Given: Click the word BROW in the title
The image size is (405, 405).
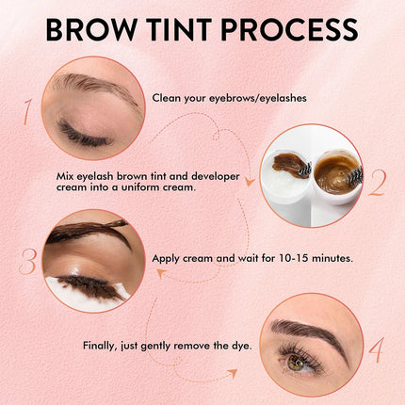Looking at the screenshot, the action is point(90,29).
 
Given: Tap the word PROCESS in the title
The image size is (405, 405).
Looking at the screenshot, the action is point(289,29).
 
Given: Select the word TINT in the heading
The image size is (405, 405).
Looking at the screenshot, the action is point(178,29).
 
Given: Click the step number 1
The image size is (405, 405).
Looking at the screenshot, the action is point(27,112).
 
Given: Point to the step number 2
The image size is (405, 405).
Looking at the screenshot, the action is point(376,183).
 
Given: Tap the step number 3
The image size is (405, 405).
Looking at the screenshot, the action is point(27,262).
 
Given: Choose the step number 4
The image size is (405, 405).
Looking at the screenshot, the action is point(376,349).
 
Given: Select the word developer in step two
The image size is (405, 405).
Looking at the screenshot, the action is point(216,177).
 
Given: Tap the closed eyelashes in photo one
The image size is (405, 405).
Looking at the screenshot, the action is point(82,134).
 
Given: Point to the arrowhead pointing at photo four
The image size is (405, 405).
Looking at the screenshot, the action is point(233,373).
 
